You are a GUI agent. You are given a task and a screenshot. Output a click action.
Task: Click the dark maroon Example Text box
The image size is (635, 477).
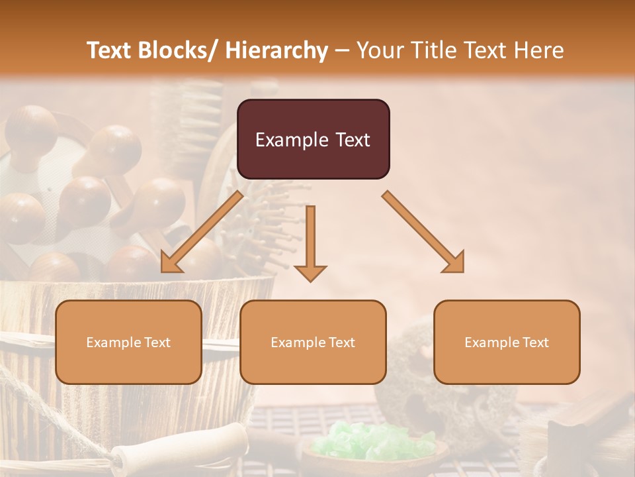pyautogui.click(x=313, y=139)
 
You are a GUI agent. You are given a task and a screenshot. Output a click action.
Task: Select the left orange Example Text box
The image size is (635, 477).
pyautogui.click(x=128, y=342)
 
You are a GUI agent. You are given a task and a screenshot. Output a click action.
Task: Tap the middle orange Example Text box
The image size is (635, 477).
pyautogui.click(x=313, y=342)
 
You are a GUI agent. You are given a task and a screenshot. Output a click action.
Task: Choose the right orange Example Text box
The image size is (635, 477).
pyautogui.click(x=507, y=342)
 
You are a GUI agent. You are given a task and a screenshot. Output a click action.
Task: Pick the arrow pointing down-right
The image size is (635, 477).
pyautogui.click(x=423, y=232)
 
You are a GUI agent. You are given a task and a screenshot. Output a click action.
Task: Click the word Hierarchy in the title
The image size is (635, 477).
pyautogui.click(x=276, y=50)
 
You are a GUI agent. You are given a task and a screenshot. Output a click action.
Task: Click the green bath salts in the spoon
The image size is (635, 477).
pyautogui.click(x=374, y=441)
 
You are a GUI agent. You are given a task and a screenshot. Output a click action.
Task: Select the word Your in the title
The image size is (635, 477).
pyautogui.click(x=378, y=50)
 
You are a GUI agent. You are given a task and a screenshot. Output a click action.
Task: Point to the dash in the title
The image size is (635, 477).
pyautogui.click(x=342, y=50)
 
